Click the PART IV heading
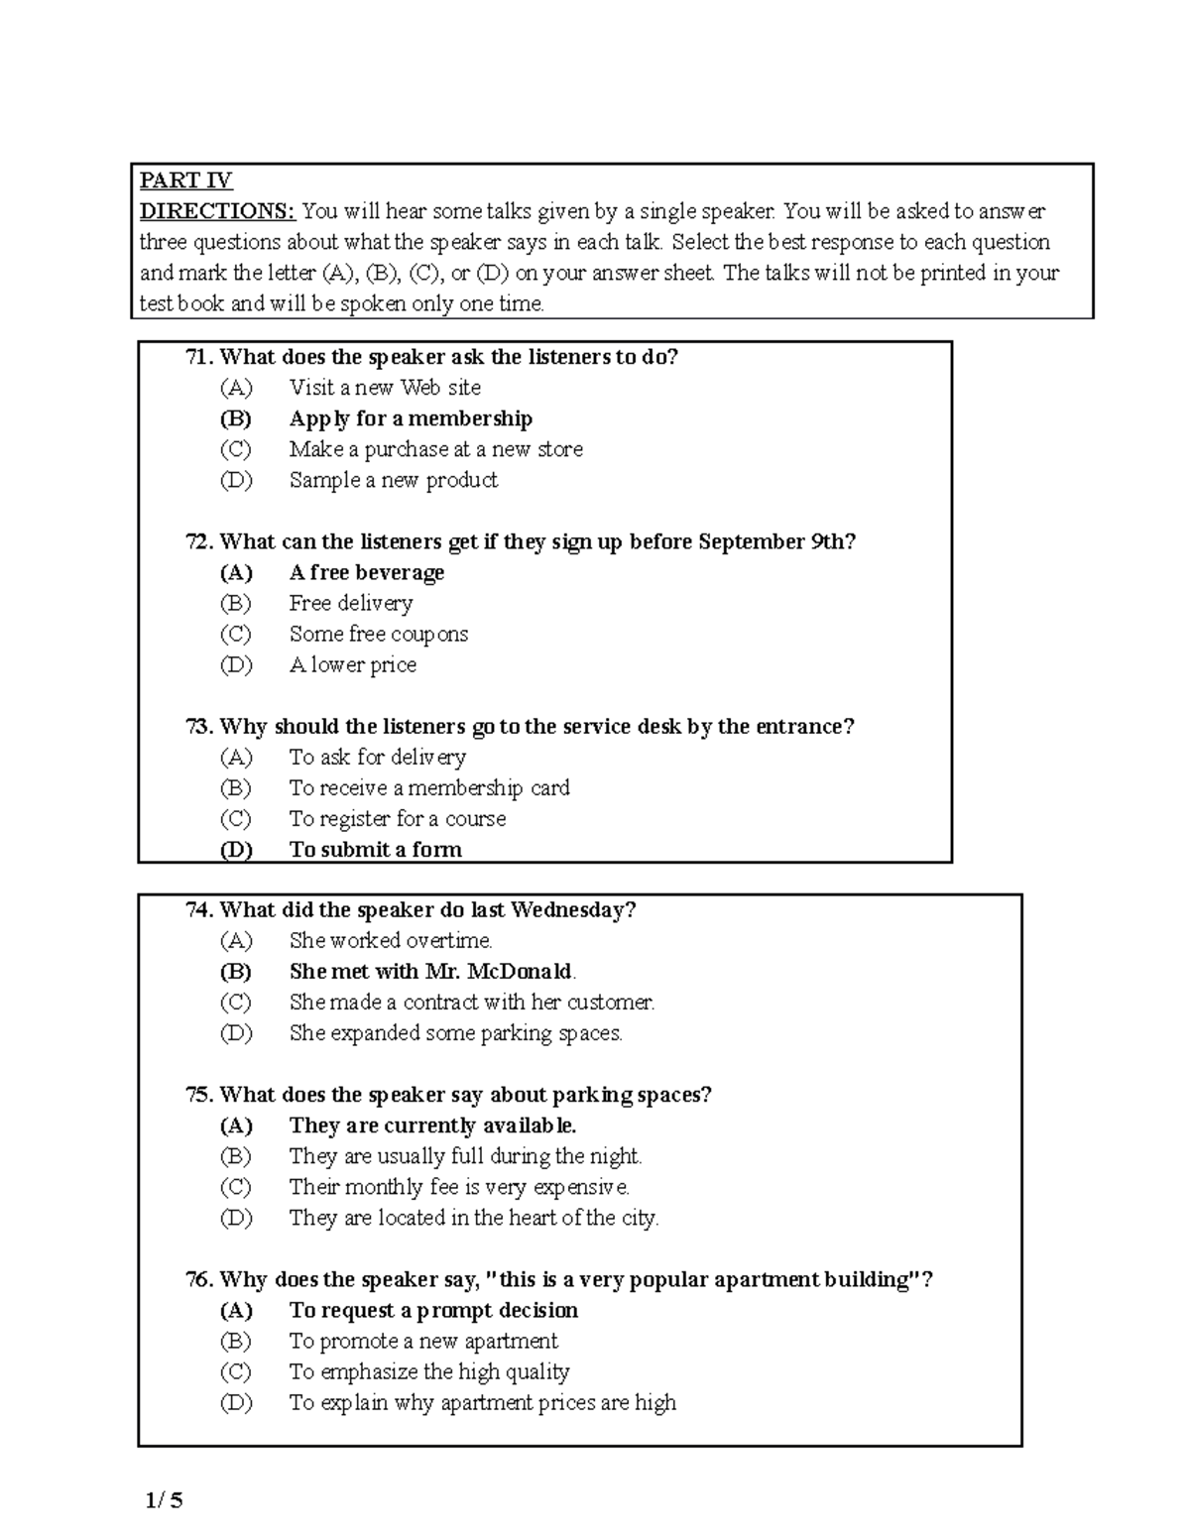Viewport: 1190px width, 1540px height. point(185,180)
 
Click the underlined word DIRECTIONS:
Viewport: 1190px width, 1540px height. point(217,211)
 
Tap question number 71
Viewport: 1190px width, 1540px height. point(199,357)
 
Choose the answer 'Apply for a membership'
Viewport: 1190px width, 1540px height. point(411,418)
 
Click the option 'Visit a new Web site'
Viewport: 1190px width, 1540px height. point(385,388)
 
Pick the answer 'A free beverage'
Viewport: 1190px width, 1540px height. point(367,572)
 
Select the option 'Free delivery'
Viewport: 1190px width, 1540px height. point(351,603)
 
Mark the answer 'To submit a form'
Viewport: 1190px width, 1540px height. point(376,850)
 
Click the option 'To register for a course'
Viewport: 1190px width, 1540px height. point(398,819)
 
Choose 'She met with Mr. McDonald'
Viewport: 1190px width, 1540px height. point(431,972)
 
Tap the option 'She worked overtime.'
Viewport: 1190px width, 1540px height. point(391,941)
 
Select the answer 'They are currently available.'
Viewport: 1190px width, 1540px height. point(432,1125)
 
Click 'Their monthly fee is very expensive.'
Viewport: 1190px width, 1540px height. point(459,1187)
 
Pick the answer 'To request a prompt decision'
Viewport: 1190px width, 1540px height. point(433,1310)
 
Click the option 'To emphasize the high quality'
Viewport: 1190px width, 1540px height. point(429,1372)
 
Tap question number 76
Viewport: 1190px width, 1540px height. point(199,1280)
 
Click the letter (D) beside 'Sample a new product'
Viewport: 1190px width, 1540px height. point(236,480)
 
